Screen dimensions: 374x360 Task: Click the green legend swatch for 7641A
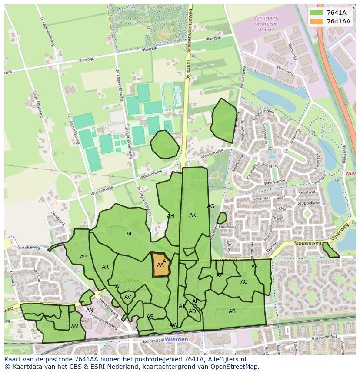(x=317, y=12)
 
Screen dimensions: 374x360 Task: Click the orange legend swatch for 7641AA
(x=317, y=21)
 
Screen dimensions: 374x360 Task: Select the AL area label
(x=130, y=234)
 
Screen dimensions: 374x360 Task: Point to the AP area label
(x=83, y=257)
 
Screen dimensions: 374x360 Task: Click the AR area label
(x=105, y=267)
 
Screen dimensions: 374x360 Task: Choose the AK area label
(x=193, y=215)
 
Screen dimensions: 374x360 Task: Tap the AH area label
(x=170, y=216)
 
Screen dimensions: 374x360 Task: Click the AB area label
(x=232, y=311)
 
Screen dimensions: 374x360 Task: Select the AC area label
(x=244, y=282)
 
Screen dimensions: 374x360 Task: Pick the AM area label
(x=75, y=327)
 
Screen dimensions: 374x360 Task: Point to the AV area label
(x=128, y=297)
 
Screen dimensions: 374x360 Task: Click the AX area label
(x=255, y=267)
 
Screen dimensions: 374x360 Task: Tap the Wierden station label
(x=177, y=339)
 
